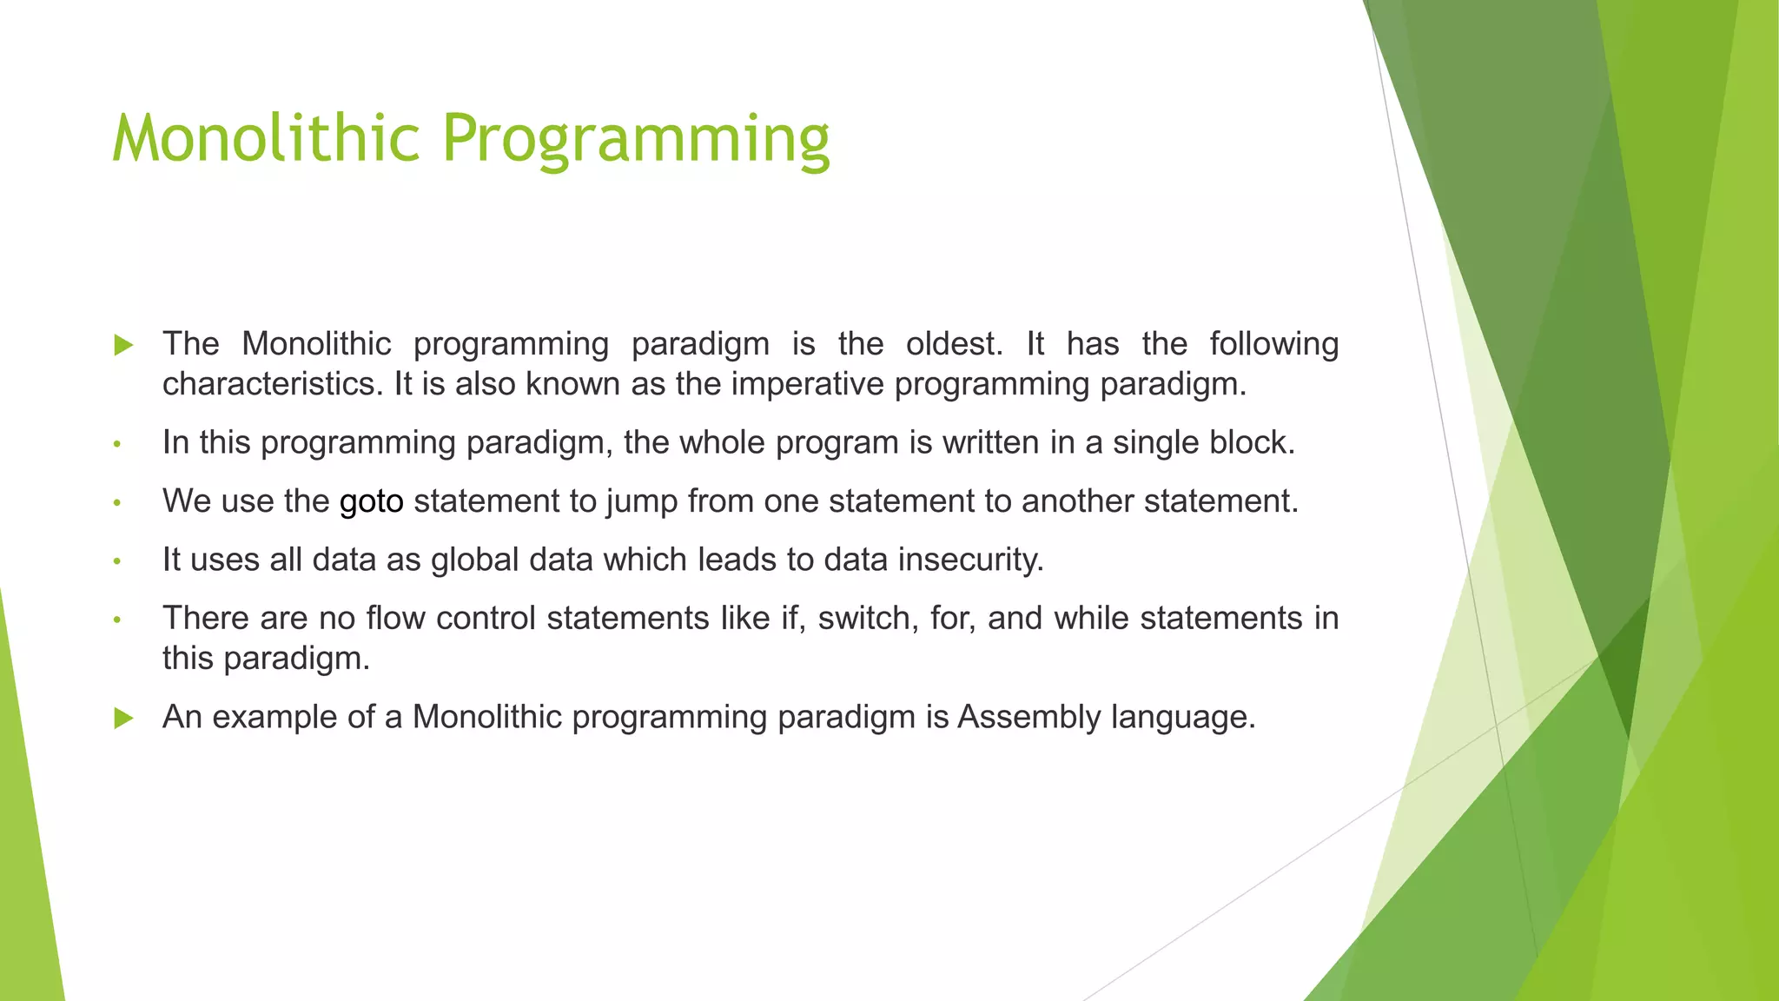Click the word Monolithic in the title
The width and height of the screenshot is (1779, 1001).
[266, 139]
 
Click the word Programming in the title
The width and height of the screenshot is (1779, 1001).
[636, 139]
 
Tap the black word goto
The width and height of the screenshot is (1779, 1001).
[371, 502]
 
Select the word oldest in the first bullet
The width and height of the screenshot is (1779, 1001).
[953, 344]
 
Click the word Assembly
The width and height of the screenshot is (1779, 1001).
[1028, 718]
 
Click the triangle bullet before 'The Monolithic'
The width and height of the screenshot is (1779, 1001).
[123, 346]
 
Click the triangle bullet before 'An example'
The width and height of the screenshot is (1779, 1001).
[123, 719]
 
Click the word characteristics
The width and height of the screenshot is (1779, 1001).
[272, 384]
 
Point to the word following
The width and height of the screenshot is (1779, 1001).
[1273, 344]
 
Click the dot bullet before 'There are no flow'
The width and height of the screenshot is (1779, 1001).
[116, 620]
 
